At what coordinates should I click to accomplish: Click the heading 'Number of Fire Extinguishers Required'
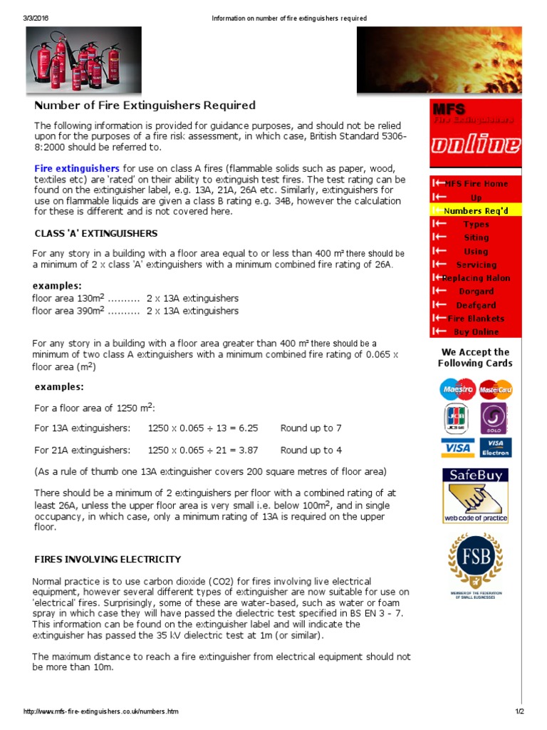[x=145, y=106]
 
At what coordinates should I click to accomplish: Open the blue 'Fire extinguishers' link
[x=77, y=168]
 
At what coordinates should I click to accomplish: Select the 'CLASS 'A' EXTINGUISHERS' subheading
[x=96, y=233]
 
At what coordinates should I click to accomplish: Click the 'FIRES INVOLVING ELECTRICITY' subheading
[x=108, y=560]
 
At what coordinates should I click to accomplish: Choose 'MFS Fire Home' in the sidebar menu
[x=476, y=184]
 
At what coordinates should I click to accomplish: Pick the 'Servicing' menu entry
[x=476, y=264]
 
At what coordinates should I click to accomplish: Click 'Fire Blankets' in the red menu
[x=476, y=319]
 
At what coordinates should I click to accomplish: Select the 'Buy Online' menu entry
[x=476, y=331]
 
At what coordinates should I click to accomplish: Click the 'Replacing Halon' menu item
[x=476, y=278]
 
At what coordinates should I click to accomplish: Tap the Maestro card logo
[x=457, y=390]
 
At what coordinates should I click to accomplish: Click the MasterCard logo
[x=496, y=390]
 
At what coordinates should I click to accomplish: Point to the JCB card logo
[x=457, y=418]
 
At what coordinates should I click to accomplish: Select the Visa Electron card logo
[x=496, y=447]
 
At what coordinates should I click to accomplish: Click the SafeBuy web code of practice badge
[x=476, y=495]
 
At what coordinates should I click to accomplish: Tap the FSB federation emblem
[x=476, y=563]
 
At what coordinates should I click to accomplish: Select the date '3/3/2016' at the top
[x=38, y=18]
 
